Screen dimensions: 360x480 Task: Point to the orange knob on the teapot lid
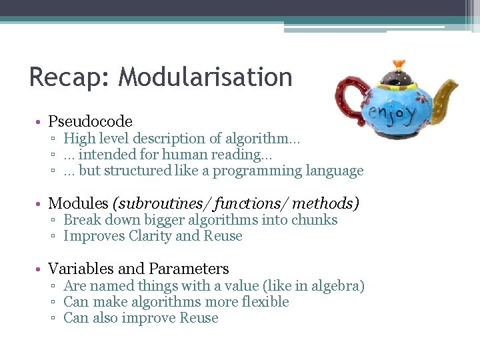[x=399, y=64]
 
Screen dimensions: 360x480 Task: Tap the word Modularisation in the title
[x=205, y=77]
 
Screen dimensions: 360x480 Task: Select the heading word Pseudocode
[x=91, y=121]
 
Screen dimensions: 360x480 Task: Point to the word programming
[x=260, y=171]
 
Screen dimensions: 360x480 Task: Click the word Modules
[x=78, y=203]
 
